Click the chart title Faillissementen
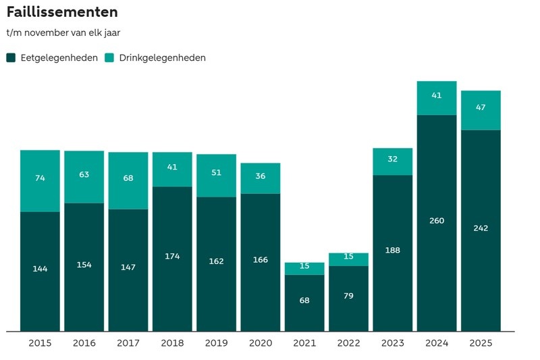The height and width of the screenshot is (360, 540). click(62, 12)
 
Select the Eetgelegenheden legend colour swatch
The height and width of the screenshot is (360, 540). click(11, 57)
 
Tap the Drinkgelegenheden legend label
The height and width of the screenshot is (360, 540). click(162, 57)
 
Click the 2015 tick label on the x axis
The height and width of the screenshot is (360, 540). click(40, 343)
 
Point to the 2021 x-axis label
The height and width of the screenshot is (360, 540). click(304, 343)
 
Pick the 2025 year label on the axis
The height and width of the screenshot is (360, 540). click(481, 343)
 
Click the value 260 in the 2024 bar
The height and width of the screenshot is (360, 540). click(437, 220)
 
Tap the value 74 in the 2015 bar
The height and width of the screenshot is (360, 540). click(40, 178)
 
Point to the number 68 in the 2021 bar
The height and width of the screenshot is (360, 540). click(304, 300)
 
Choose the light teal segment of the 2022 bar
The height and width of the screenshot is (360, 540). click(348, 259)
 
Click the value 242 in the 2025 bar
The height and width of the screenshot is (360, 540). click(481, 228)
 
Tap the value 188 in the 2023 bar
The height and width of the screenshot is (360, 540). click(392, 250)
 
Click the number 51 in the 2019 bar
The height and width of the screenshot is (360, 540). click(216, 172)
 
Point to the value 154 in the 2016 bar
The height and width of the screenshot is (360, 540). click(84, 265)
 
